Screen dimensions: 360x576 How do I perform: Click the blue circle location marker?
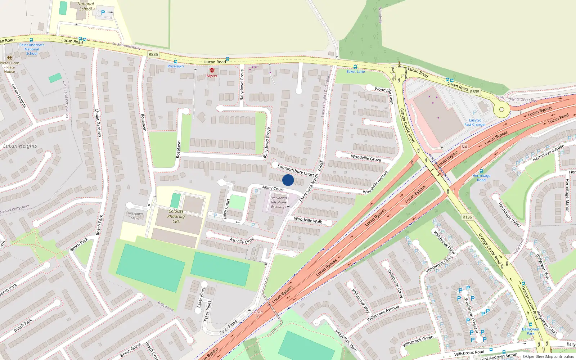(x=288, y=180)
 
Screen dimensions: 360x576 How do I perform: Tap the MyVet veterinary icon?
(x=212, y=71)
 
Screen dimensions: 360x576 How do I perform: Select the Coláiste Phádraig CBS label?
(x=176, y=216)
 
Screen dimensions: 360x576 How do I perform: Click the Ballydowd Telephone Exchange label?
(x=279, y=202)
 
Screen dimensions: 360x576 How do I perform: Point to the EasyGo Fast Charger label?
(x=475, y=122)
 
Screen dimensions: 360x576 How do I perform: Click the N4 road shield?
(x=464, y=147)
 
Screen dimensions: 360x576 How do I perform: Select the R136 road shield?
(x=467, y=217)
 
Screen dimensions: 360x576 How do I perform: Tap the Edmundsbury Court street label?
(x=296, y=170)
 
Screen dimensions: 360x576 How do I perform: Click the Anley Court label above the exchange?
(x=273, y=188)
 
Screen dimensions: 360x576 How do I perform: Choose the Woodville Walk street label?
(x=308, y=220)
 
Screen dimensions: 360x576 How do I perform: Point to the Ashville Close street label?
(x=242, y=240)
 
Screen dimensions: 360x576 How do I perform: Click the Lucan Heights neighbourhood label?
(x=20, y=146)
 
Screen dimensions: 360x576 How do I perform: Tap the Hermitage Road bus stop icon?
(x=481, y=171)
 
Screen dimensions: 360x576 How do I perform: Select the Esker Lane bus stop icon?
(x=355, y=67)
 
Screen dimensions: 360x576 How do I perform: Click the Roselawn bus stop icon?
(x=175, y=62)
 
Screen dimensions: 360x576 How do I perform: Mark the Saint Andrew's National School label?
(x=32, y=49)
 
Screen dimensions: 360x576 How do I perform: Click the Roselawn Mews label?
(x=135, y=216)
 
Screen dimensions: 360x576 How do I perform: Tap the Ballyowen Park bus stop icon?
(x=530, y=324)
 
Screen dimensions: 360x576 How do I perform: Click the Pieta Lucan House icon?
(x=9, y=58)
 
